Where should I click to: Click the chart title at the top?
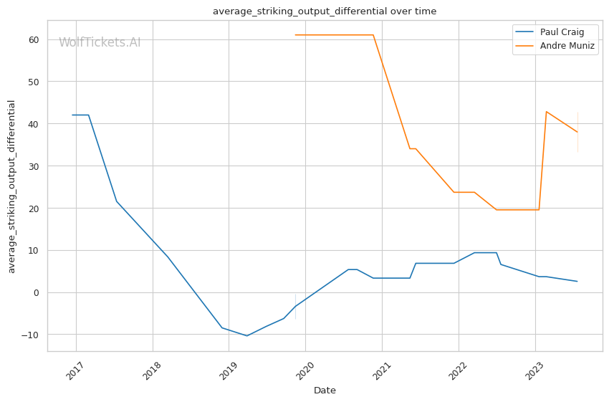coord(325,11)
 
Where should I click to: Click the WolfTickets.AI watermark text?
coord(100,42)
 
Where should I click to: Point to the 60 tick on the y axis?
coord(34,39)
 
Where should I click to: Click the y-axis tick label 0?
coord(37,292)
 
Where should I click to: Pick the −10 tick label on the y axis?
coord(31,335)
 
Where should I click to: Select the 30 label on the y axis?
coord(34,166)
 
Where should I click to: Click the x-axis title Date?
coord(325,391)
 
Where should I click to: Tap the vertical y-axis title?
coord(11,186)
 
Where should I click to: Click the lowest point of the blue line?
coord(247,335)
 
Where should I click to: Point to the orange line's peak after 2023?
coord(547,112)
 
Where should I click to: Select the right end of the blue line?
coord(577,281)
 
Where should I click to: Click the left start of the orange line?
coord(295,35)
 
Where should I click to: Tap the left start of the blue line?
coord(72,115)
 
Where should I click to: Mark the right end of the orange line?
coord(578,132)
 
